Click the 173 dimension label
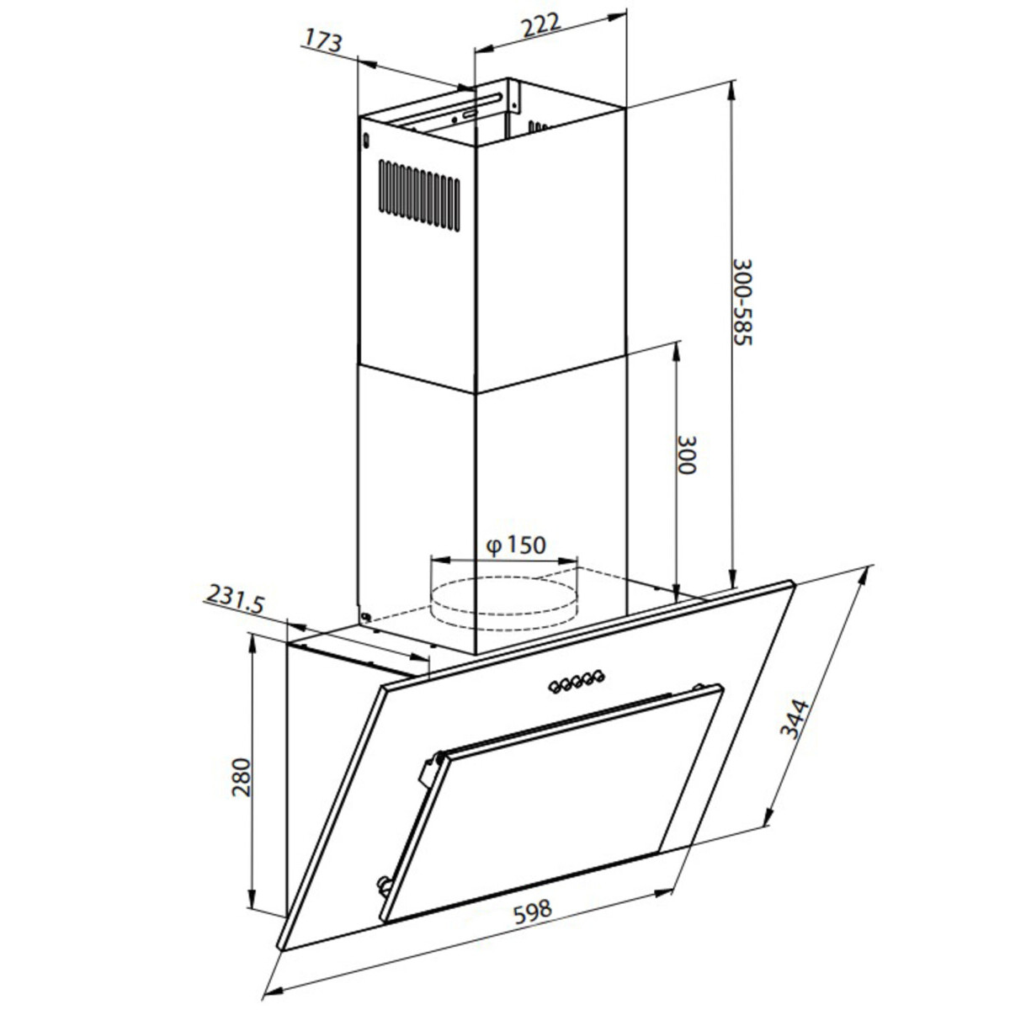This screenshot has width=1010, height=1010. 323,40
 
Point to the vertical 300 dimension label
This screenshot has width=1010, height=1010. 686,455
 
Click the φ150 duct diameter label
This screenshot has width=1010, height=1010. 516,545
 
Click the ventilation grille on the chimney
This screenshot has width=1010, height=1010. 418,193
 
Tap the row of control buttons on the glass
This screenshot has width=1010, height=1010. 577,680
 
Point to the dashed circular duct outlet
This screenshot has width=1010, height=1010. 504,599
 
